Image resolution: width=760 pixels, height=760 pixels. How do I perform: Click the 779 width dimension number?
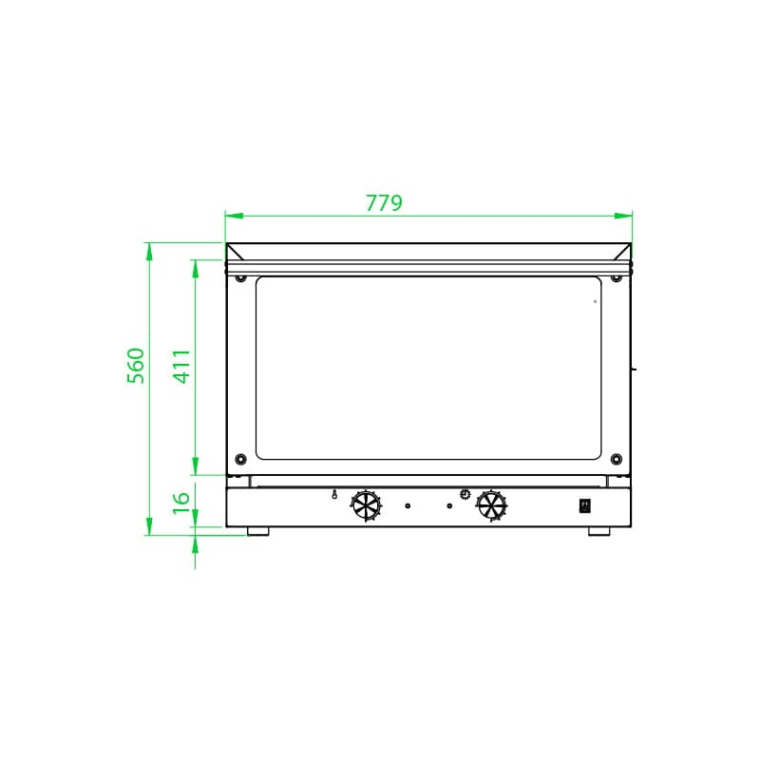pos(384,202)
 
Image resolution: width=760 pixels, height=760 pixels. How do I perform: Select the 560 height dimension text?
pos(137,366)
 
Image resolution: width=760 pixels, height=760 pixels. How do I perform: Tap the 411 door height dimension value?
pos(182,366)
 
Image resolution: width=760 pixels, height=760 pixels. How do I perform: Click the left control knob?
pos(366,505)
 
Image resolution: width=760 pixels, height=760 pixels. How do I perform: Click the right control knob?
pos(491,505)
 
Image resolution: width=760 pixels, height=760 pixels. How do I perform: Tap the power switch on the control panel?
pos(585,505)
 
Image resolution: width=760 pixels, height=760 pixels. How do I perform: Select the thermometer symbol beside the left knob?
pos(334,494)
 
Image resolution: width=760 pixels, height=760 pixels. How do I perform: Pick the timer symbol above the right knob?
pos(465,493)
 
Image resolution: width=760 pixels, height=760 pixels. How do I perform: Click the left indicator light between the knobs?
pos(408,506)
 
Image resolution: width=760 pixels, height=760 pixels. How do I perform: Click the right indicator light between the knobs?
pos(449,506)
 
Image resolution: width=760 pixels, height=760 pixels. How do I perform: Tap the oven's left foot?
pos(257,531)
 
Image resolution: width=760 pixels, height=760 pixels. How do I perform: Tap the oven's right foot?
pos(599,531)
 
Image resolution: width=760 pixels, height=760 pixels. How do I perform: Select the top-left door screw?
pos(240,278)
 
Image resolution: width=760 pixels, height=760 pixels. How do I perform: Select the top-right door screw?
pos(617,278)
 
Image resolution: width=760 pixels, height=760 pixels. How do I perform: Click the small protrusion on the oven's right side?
pos(635,366)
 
